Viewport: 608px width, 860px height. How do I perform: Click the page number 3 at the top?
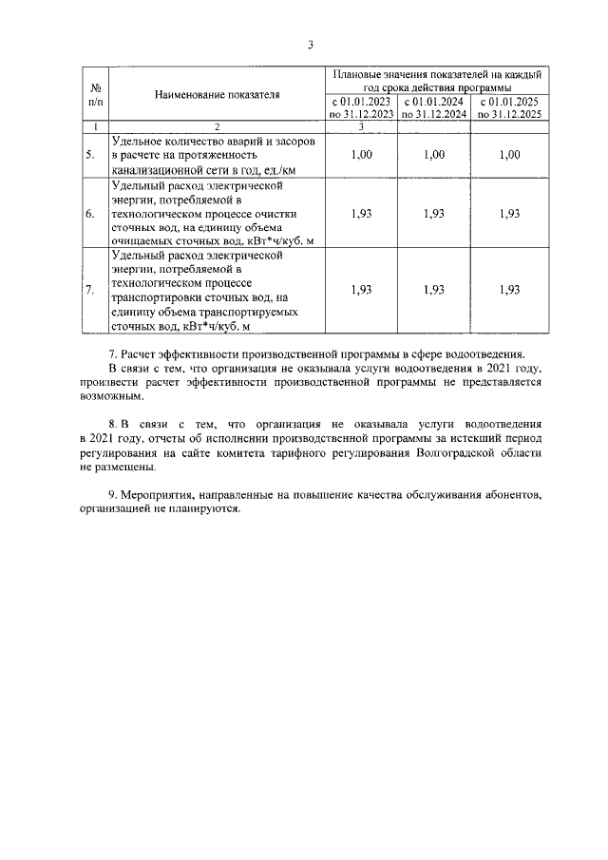310,44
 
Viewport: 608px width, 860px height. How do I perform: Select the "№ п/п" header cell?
95,94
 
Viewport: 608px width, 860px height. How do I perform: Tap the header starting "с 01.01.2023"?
361,107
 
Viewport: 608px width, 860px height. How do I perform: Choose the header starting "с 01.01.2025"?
509,107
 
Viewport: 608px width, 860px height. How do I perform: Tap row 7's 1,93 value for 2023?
361,290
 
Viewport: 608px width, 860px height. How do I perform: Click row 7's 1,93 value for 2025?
509,290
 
